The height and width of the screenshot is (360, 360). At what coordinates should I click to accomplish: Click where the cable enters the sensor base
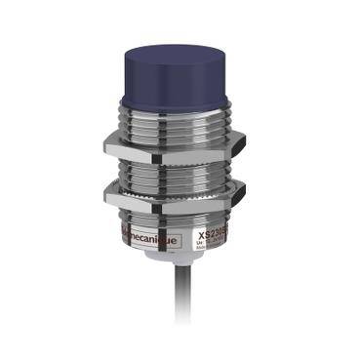click(177, 266)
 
